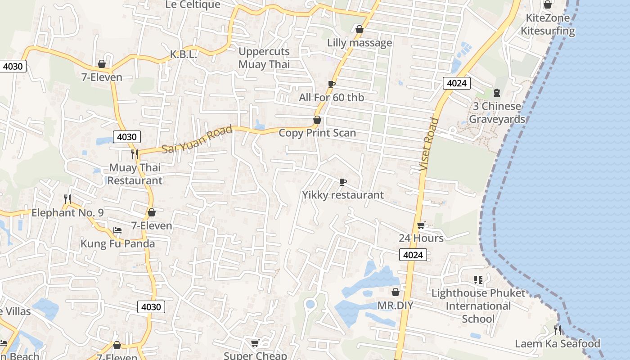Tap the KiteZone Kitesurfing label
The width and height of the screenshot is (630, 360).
tap(548, 25)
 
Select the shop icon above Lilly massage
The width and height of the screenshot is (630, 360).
tap(359, 30)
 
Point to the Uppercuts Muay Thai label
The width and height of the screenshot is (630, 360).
tap(264, 58)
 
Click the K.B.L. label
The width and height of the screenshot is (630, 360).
tap(184, 54)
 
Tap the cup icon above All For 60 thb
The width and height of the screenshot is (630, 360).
tap(332, 84)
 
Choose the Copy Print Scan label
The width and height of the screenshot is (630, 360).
tap(317, 133)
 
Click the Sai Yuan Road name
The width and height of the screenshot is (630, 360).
tap(197, 139)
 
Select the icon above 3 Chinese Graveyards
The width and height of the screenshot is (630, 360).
tap(497, 93)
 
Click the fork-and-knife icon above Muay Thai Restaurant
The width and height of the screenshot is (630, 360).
tap(134, 154)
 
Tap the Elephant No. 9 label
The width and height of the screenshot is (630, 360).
tap(67, 212)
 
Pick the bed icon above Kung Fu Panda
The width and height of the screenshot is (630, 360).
tap(117, 230)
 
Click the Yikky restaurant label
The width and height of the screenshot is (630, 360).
tap(343, 195)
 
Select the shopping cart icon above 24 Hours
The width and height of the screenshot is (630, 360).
tap(421, 225)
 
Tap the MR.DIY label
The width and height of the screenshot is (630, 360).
tap(395, 306)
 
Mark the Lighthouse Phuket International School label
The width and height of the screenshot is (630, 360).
tap(478, 306)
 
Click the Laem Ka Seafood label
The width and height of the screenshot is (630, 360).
tap(558, 344)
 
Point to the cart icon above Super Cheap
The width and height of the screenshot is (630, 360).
tap(255, 344)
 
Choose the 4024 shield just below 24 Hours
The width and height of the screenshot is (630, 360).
tap(413, 255)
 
